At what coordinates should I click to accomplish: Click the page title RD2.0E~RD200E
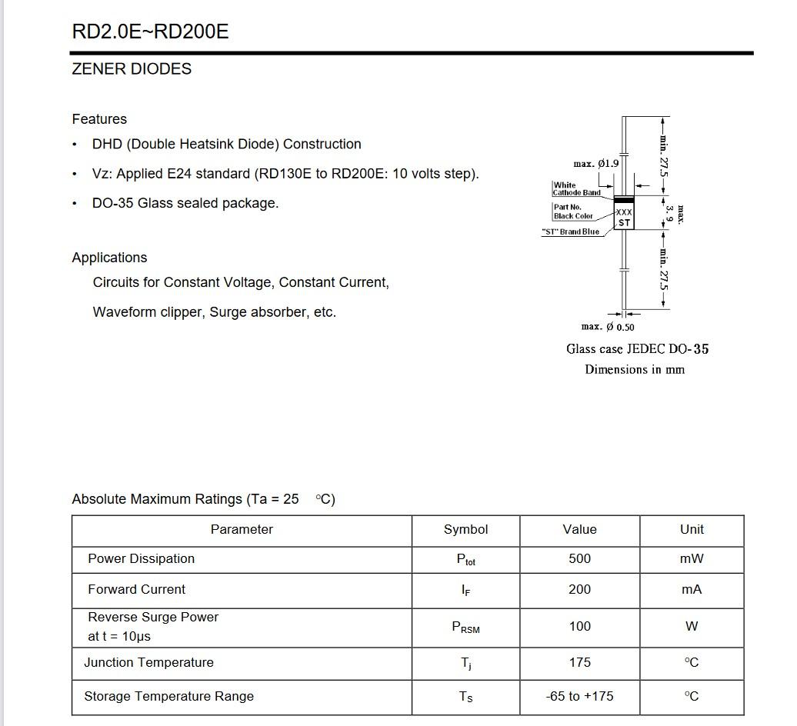[x=150, y=32]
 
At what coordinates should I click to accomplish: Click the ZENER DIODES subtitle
[x=132, y=69]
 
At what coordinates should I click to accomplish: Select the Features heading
[x=99, y=119]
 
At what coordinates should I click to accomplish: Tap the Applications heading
[x=109, y=258]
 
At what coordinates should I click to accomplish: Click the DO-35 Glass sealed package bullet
[x=185, y=204]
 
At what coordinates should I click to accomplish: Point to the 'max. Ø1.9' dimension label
[x=595, y=164]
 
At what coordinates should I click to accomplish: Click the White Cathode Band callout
[x=576, y=189]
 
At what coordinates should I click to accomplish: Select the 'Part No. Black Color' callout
[x=573, y=211]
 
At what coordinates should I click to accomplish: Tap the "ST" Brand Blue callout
[x=570, y=231]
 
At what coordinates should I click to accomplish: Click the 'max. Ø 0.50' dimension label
[x=608, y=327]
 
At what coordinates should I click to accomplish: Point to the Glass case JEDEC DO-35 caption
[x=637, y=349]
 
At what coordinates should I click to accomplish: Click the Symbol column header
[x=465, y=530]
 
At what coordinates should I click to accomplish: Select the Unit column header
[x=692, y=530]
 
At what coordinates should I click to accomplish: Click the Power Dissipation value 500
[x=579, y=559]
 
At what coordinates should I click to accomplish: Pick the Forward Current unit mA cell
[x=692, y=590]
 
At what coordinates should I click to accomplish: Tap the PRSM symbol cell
[x=465, y=628]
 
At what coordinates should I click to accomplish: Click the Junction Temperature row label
[x=148, y=663]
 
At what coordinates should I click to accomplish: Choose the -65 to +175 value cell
[x=579, y=697]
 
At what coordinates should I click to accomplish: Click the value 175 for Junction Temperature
[x=579, y=663]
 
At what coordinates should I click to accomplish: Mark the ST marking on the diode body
[x=624, y=223]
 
